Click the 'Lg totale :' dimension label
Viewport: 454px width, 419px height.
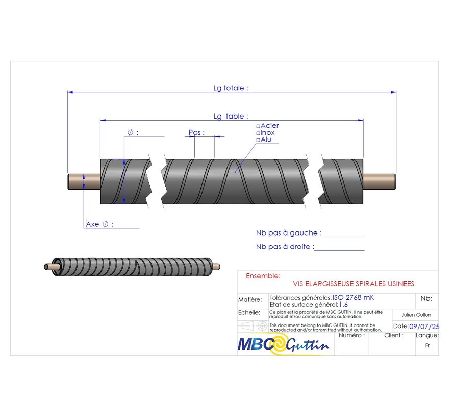(231, 88)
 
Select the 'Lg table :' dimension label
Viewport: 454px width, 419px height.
(231, 117)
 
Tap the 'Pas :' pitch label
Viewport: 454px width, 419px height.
(196, 132)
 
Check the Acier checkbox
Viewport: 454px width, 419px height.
(258, 126)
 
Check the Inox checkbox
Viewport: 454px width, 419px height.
(258, 133)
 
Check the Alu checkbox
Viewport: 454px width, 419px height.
(258, 140)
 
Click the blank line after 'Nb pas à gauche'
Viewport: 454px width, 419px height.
(343, 236)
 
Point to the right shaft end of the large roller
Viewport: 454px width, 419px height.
(380, 181)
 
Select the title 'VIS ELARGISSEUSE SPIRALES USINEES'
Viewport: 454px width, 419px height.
(354, 284)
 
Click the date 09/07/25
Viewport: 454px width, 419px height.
(424, 327)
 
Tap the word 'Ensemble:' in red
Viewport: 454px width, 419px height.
(263, 276)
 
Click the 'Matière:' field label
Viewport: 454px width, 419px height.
(250, 300)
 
